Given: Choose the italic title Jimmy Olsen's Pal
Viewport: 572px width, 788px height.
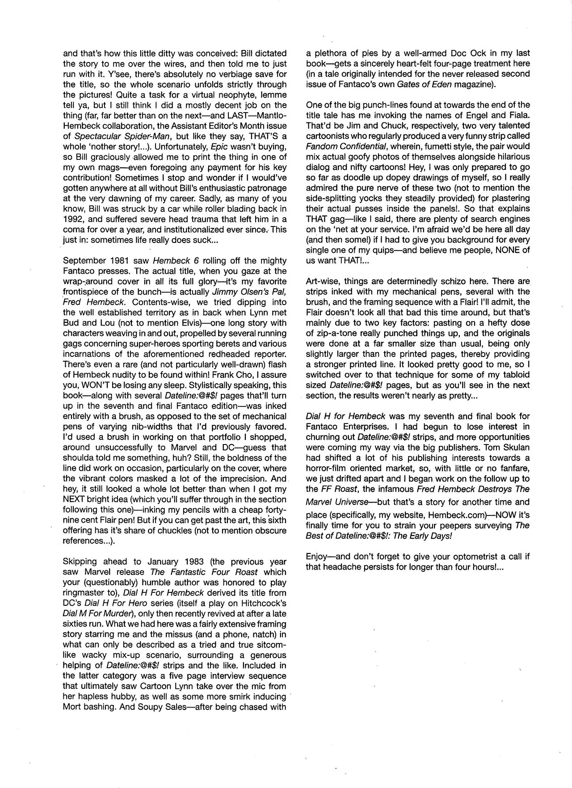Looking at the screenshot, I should (248, 292).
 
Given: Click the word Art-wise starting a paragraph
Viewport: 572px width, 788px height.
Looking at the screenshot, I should (321, 281).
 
